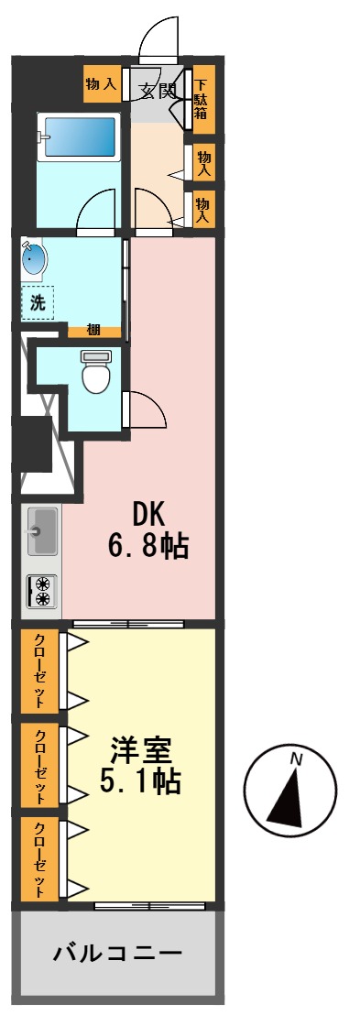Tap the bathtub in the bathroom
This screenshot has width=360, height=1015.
tap(79, 137)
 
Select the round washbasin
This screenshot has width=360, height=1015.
tap(34, 260)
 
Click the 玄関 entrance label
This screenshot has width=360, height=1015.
tap(157, 90)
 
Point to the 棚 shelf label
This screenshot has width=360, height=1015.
tap(93, 331)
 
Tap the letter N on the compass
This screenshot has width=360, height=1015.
tap(295, 758)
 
